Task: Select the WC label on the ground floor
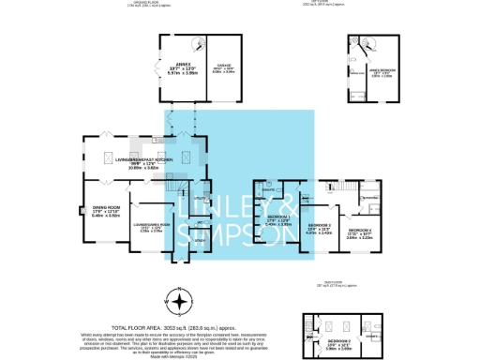200,222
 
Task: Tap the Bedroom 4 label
361,232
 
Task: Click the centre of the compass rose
178,303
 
